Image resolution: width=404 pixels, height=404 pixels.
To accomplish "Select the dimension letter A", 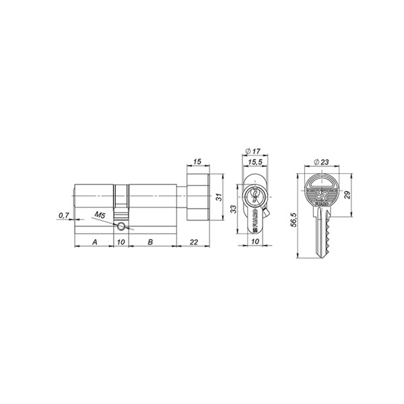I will point(94,240).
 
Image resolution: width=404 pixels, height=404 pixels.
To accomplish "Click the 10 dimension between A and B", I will point(121,240).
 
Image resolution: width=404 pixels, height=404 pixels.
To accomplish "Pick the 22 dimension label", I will point(194,240).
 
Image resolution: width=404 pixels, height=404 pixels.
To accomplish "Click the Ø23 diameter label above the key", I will point(321,162).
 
